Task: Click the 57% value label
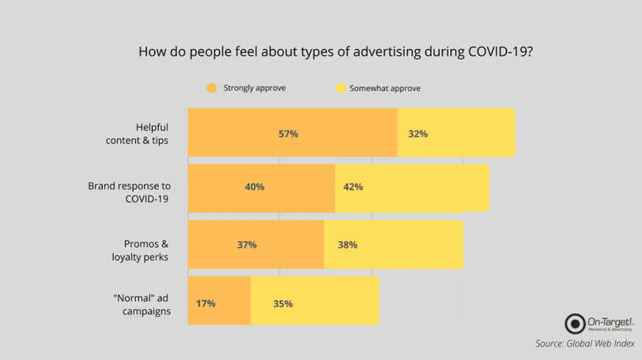pyautogui.click(x=288, y=134)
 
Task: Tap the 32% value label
pyautogui.click(x=418, y=134)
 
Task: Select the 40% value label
pyautogui.click(x=254, y=187)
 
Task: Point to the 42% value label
pyautogui.click(x=353, y=187)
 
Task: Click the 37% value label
pyautogui.click(x=247, y=244)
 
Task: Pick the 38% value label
pyautogui.click(x=347, y=244)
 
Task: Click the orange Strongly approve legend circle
pyautogui.click(x=211, y=88)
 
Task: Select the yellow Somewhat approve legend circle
pyautogui.click(x=338, y=88)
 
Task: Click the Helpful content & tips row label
pyautogui.click(x=137, y=134)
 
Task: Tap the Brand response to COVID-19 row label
pyautogui.click(x=129, y=192)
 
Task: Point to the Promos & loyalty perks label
pyautogui.click(x=146, y=250)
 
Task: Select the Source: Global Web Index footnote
pyautogui.click(x=585, y=344)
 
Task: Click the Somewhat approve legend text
pyautogui.click(x=385, y=88)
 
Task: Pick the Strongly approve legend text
pyautogui.click(x=254, y=88)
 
